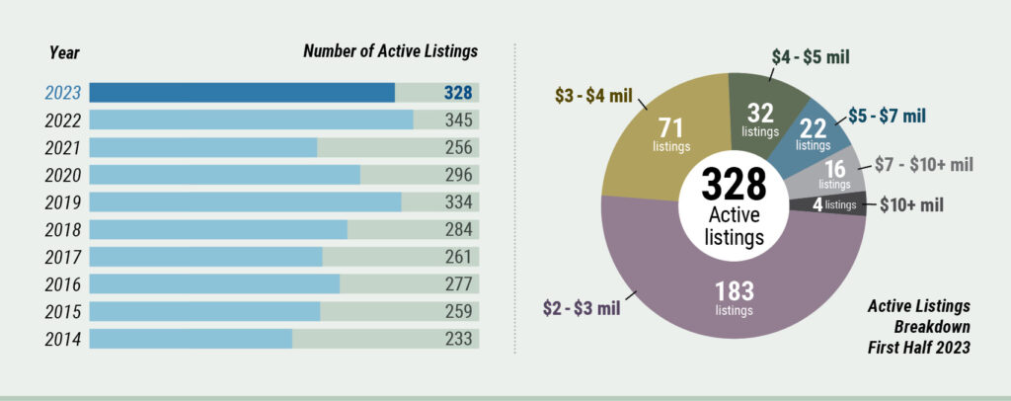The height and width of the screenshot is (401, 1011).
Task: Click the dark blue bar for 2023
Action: pyautogui.click(x=242, y=92)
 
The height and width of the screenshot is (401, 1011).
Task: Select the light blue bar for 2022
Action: pyautogui.click(x=251, y=120)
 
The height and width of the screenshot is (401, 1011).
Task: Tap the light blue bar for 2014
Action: pyautogui.click(x=191, y=339)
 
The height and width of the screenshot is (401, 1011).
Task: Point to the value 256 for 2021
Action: pyautogui.click(x=458, y=147)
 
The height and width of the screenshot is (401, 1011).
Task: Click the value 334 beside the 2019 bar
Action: pyautogui.click(x=458, y=202)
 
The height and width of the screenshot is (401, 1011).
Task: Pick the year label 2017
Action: pyautogui.click(x=62, y=258)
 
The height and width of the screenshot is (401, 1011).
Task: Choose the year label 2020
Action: pyautogui.click(x=62, y=176)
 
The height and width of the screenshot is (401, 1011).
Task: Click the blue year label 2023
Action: pyautogui.click(x=62, y=93)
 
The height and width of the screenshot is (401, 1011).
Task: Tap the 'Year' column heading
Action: pyautogui.click(x=64, y=52)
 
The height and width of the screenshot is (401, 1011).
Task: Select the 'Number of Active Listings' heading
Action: pyautogui.click(x=391, y=51)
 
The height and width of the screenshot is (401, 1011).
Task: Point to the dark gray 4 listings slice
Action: pyautogui.click(x=830, y=205)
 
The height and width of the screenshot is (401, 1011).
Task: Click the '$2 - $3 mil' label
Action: pyautogui.click(x=581, y=308)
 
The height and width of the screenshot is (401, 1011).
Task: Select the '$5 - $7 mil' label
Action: pyautogui.click(x=887, y=116)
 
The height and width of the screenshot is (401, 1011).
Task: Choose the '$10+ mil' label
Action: pyautogui.click(x=911, y=205)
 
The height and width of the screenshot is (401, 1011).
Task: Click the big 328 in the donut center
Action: pyautogui.click(x=734, y=185)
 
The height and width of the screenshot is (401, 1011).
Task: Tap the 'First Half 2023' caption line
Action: pyautogui.click(x=919, y=348)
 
